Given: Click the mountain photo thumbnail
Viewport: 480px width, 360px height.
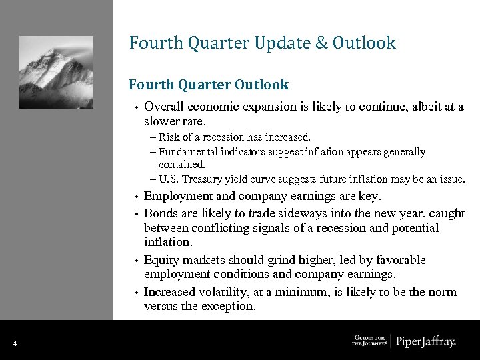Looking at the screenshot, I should point(56,71).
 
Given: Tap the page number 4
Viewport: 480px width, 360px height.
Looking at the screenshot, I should point(14,343).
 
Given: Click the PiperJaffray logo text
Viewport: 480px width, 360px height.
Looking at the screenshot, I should point(426,342).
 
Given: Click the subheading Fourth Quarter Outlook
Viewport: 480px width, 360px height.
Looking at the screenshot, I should point(209,85).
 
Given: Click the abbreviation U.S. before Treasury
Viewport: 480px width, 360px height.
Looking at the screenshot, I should point(170,179).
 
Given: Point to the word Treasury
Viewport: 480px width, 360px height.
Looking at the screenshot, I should point(203,179).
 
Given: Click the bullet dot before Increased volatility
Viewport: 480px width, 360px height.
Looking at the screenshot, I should point(135,293).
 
